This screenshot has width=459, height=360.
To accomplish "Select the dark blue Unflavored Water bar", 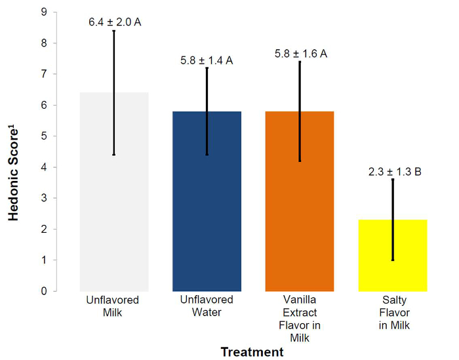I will [190, 203].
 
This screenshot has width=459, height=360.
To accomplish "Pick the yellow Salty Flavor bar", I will [377, 262].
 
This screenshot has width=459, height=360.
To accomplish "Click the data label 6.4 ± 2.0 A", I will [115, 22].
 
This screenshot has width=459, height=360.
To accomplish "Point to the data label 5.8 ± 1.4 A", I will [207, 61].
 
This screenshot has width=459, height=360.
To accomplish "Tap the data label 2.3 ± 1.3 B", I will [393, 172].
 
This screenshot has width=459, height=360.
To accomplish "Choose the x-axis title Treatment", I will [252, 352].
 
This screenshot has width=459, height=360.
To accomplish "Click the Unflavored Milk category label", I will [113, 306].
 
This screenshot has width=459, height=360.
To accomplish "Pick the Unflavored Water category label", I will [207, 306].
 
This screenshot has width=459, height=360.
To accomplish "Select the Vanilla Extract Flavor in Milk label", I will [300, 319].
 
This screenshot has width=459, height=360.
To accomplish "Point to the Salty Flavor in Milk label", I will [393, 312].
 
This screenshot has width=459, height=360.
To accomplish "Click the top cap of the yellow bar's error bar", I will [393, 179].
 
